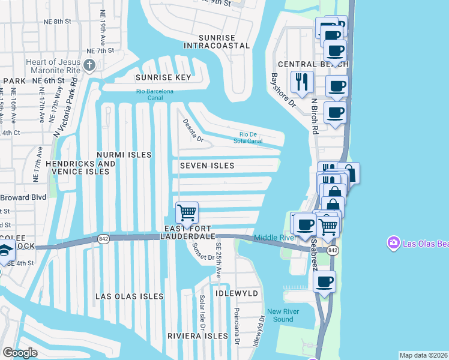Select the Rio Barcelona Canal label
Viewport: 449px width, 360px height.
tap(154, 95)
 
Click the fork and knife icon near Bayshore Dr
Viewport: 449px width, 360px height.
tap(301, 82)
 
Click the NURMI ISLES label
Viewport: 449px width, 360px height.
tap(124, 155)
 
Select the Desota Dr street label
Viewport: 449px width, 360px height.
tap(193, 130)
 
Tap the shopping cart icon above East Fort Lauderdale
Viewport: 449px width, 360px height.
tap(187, 213)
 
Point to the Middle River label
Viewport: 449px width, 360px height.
tap(275, 238)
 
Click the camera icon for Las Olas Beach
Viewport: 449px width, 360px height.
tap(394, 243)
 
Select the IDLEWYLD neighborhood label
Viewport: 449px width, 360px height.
tap(238, 293)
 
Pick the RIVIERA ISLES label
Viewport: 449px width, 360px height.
tap(197, 335)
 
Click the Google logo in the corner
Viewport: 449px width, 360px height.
tap(20, 353)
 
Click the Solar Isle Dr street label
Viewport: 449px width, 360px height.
tap(203, 313)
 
